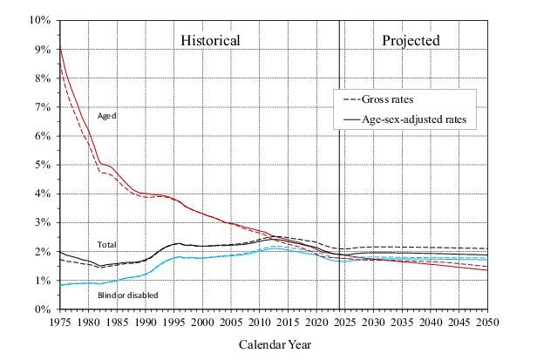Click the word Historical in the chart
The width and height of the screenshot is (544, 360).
pos(210,41)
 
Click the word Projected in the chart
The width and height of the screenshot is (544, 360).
pos(411,41)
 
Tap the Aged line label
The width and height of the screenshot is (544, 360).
pos(107,116)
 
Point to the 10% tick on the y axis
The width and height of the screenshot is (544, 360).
pos(40,20)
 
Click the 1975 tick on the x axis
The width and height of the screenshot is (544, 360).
pos(59,322)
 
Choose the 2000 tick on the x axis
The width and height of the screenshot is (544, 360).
pos(202,322)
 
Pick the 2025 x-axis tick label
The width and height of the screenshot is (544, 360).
pos(345,322)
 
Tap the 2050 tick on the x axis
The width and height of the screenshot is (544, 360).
pos(488,322)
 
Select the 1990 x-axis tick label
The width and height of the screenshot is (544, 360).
pos(145,322)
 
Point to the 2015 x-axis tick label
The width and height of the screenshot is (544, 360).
pos(288,322)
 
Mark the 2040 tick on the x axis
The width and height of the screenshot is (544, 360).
pos(431,322)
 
